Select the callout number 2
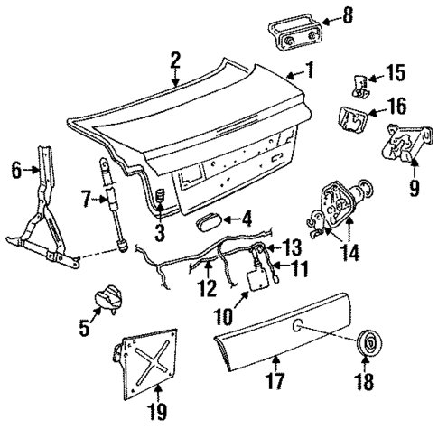(x=175, y=61)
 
